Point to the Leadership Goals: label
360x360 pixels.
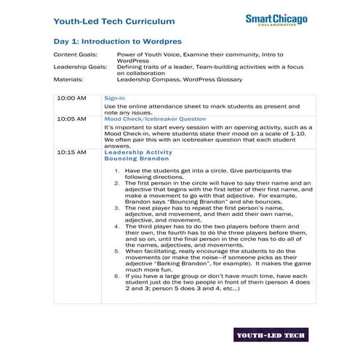[80, 67]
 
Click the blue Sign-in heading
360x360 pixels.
[114, 97]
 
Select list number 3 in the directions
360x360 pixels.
[117, 207]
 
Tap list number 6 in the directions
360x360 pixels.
[117, 276]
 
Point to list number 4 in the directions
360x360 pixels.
[117, 225]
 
